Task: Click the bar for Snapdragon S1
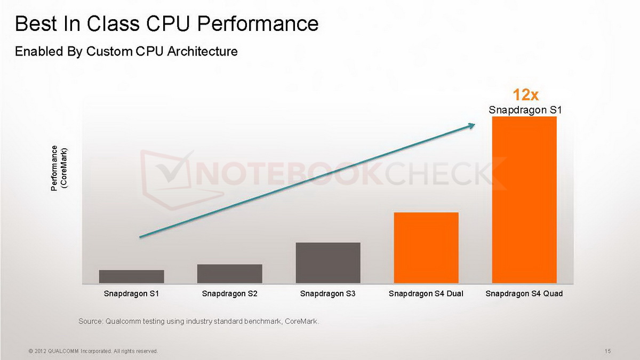pyautogui.click(x=131, y=276)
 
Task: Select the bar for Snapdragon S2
pyautogui.click(x=229, y=274)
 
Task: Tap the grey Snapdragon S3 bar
pyautogui.click(x=328, y=262)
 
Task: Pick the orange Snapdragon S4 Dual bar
pyautogui.click(x=426, y=247)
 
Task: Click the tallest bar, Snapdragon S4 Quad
pyautogui.click(x=524, y=199)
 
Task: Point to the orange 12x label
pyautogui.click(x=525, y=95)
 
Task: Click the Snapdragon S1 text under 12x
pyautogui.click(x=525, y=110)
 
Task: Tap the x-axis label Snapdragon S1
pyautogui.click(x=131, y=294)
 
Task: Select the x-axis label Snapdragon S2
pyautogui.click(x=229, y=294)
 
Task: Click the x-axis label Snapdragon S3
pyautogui.click(x=328, y=294)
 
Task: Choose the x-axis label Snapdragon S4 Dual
pyautogui.click(x=426, y=294)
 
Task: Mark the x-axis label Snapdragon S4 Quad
pyautogui.click(x=524, y=294)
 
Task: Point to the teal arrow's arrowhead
pyautogui.click(x=471, y=125)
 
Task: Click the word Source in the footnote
pyautogui.click(x=90, y=321)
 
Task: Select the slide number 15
pyautogui.click(x=607, y=351)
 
